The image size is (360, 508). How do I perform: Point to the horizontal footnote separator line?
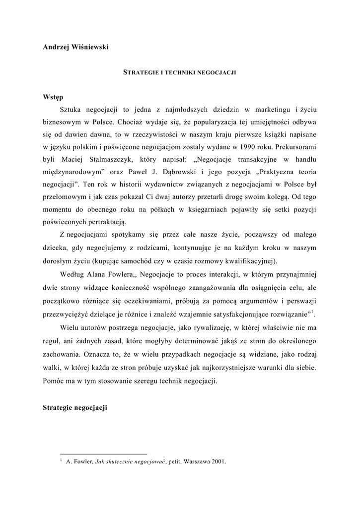point(103,454)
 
